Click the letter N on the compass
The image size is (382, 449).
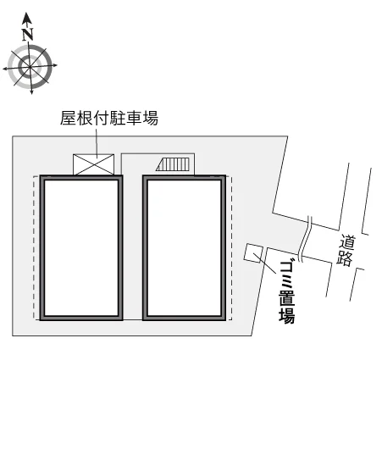coord(28,34)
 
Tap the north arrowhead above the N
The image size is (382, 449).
coord(27,18)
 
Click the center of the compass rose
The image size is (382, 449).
coord(30,67)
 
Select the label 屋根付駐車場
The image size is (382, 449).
coord(109,118)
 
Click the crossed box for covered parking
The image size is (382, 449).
coord(94,164)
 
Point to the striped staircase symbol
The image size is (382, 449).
coord(173,164)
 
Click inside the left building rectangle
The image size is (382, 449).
coord(81,247)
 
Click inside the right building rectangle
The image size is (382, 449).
coord(184,247)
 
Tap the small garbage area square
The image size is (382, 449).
coord(253,252)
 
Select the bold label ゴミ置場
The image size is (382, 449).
coord(286,292)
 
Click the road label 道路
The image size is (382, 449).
coord(346,251)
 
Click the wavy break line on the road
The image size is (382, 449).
coord(304,240)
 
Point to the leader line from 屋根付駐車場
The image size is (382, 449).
coord(97,142)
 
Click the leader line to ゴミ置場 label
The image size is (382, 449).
coord(265,263)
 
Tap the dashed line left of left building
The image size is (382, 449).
coord(35,247)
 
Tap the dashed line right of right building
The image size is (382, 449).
coord(230,247)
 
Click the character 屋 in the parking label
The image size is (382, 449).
coord(68,118)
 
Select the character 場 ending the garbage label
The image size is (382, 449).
coord(287,316)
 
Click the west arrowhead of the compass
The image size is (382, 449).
coord(6,69)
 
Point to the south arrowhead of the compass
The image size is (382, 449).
coord(31,91)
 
